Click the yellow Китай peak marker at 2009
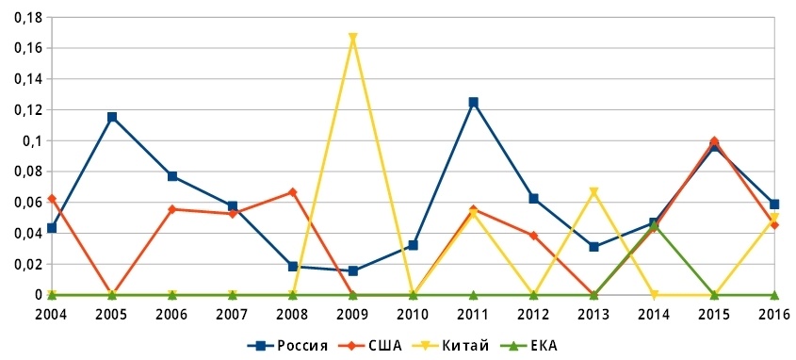tap(353, 39)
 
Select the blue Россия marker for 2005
tap(112, 117)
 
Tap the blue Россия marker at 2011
tap(474, 102)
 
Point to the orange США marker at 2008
tap(293, 192)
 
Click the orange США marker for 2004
tap(52, 199)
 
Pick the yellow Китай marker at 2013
tap(593, 192)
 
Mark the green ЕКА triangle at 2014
tap(654, 225)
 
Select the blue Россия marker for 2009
tap(353, 270)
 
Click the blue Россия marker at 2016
tap(774, 204)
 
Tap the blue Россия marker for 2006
tap(172, 176)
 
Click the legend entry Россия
tap(290, 345)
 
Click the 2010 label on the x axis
tap(413, 313)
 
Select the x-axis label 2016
tap(774, 313)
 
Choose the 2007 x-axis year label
tap(232, 313)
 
